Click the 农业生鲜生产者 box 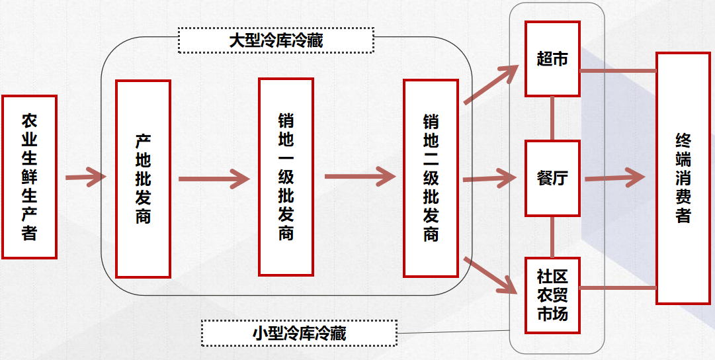tap(29, 177)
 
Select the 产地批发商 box tap(143, 179)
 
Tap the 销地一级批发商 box tap(285, 177)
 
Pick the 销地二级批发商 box tap(431, 178)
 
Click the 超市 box tap(552, 58)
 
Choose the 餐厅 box tap(552, 178)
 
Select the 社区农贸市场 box tap(552, 295)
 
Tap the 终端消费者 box tap(683, 178)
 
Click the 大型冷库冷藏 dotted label tap(276, 40)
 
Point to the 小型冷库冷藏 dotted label tap(299, 333)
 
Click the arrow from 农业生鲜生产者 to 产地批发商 tap(85, 177)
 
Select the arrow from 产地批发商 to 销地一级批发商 tap(214, 178)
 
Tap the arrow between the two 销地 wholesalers tap(360, 177)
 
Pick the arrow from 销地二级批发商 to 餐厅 tap(489, 178)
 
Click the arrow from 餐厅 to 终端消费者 tap(614, 177)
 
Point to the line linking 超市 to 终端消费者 tap(618, 70)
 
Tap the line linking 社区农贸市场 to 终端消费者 tap(618, 287)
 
